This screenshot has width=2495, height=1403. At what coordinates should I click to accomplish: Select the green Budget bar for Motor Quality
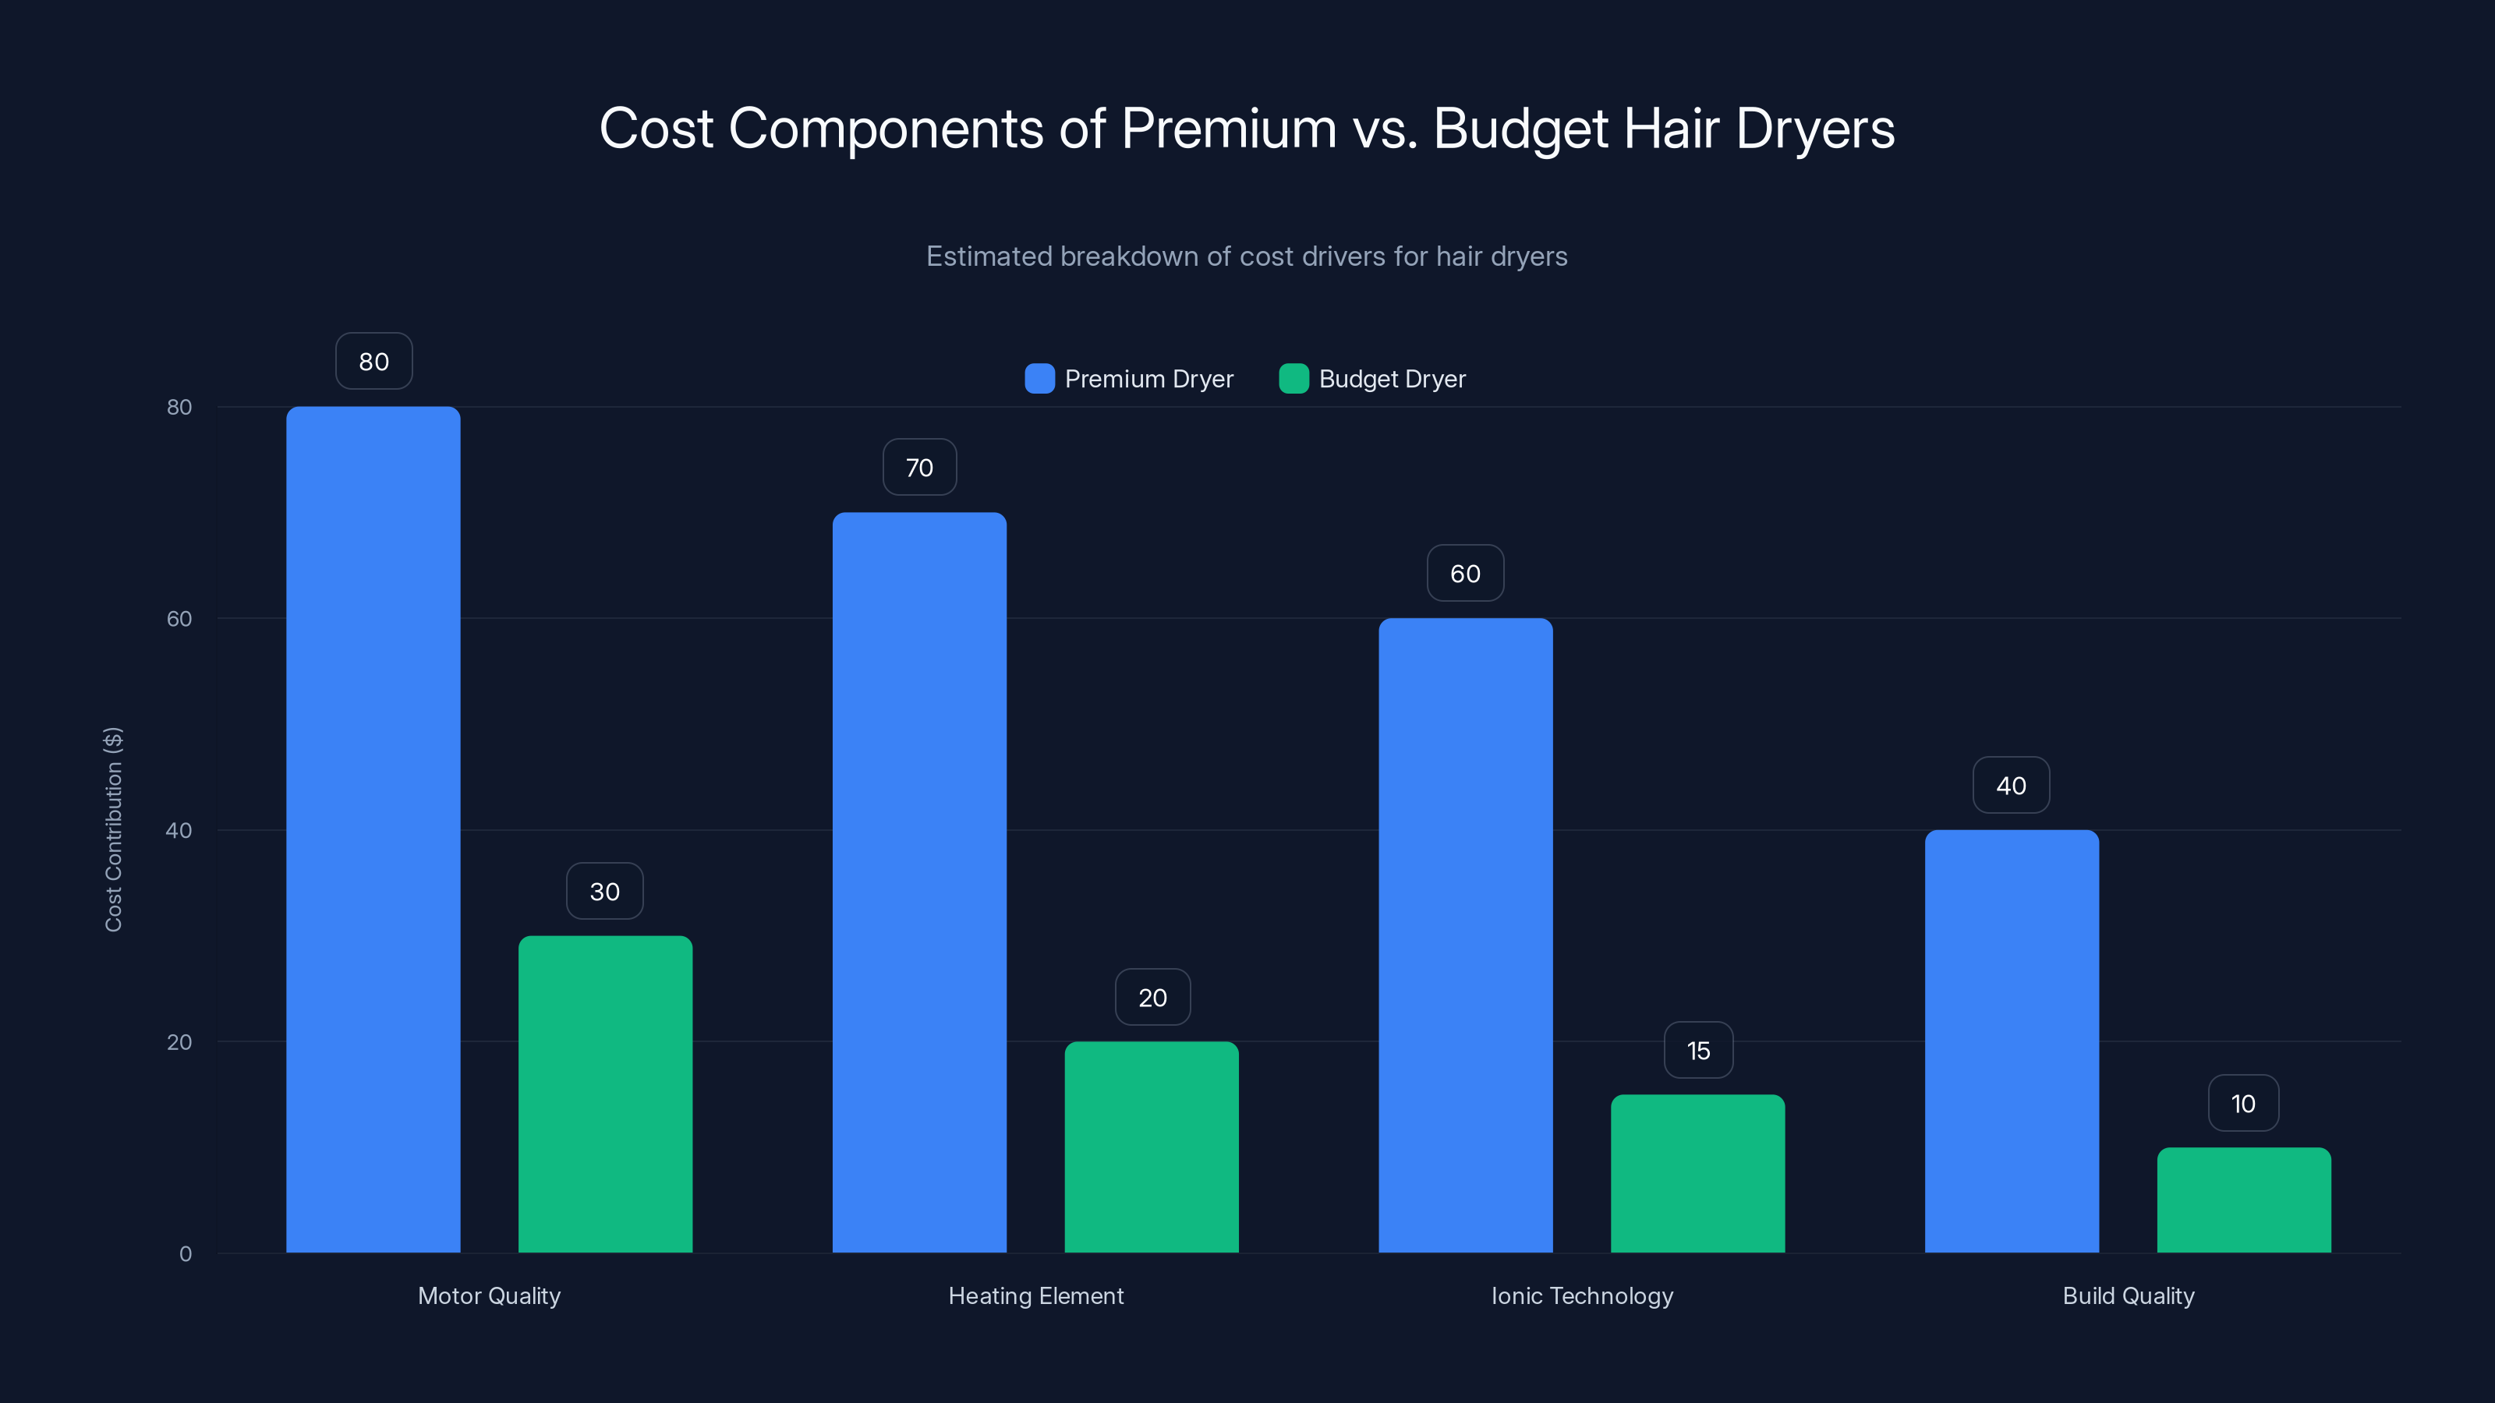pos(605,1094)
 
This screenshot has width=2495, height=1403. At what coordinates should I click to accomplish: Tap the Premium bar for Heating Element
pos(919,882)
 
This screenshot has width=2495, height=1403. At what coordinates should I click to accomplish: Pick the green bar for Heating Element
pos(1152,1147)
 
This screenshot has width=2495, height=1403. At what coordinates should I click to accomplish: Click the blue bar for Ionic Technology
pos(1466,935)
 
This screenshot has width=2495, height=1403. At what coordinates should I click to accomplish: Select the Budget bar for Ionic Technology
pos(1698,1174)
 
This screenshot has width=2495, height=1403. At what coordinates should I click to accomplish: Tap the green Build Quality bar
pos(2244,1200)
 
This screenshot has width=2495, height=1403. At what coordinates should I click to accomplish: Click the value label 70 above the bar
pos(919,468)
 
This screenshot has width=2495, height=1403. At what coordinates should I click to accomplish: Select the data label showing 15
pos(1698,1051)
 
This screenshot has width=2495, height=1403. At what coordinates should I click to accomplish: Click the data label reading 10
pos(2243,1104)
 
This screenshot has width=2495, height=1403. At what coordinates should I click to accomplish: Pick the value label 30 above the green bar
pos(604,892)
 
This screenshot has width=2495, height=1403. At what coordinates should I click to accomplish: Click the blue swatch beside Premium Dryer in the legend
pos(1039,379)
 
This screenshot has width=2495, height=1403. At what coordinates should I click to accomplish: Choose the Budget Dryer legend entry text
pos(1392,379)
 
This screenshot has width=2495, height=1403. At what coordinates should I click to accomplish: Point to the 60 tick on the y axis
pos(179,619)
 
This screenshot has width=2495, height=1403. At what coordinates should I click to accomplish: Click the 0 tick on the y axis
pos(185,1254)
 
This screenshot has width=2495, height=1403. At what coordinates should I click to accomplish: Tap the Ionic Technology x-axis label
pos(1582,1295)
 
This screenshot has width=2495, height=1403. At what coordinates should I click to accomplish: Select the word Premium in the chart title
pos(1228,129)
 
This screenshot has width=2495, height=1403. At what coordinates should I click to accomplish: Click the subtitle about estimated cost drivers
pos(1247,256)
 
